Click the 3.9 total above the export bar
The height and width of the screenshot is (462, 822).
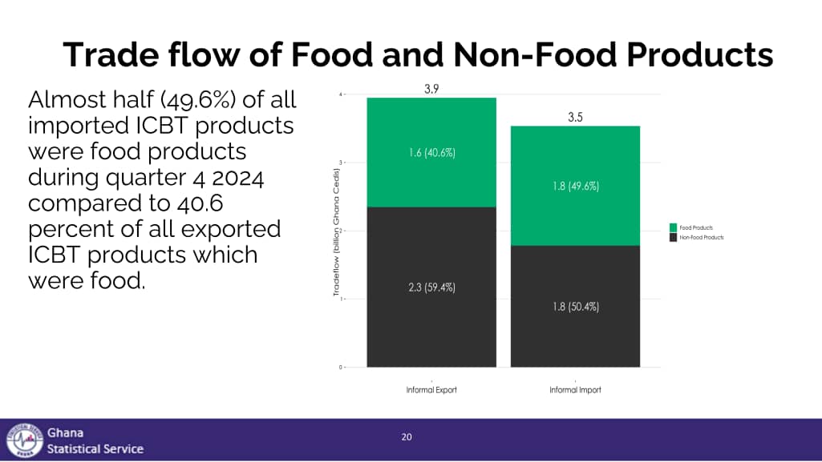coord(431,89)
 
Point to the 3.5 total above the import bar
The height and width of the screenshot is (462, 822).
coord(575,117)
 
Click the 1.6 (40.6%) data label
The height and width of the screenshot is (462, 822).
coord(431,152)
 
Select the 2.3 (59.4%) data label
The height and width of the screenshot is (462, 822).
coord(431,287)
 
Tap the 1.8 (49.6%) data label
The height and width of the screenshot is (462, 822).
coord(575,186)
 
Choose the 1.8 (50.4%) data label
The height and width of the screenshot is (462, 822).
coord(575,306)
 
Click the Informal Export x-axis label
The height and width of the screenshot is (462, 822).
coord(431,390)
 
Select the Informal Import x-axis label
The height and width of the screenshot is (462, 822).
coord(575,390)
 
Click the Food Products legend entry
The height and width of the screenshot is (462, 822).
coord(694,228)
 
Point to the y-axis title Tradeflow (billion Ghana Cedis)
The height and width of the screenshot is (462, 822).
coord(337,231)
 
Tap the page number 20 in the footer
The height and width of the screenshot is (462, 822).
coord(407,436)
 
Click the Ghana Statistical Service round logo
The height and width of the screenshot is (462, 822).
coord(23,440)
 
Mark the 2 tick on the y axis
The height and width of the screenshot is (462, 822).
coord(341,231)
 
